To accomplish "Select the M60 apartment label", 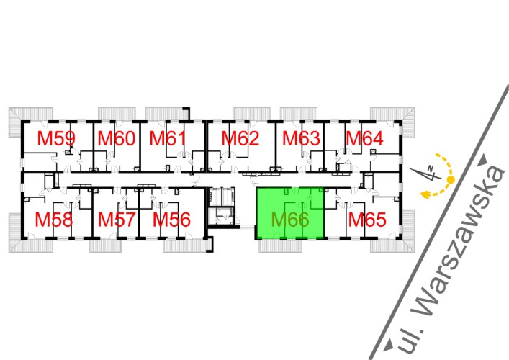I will tap(116, 138).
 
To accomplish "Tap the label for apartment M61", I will tap(168, 138).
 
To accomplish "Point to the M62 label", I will tap(240, 138).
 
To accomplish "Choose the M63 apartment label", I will tap(300, 138).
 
